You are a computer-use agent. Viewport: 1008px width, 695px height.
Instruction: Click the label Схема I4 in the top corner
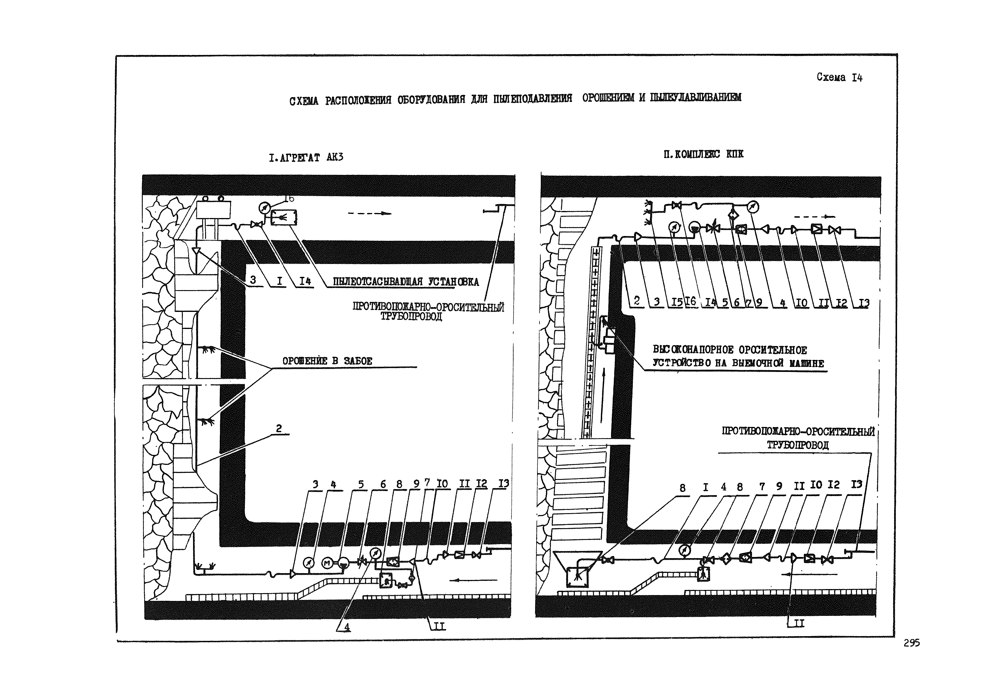[839, 77]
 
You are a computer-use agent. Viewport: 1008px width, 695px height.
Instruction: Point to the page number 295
[911, 643]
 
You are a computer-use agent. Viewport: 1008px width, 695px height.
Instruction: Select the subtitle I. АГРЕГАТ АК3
[306, 157]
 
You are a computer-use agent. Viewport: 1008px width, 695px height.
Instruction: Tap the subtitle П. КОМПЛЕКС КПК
[703, 154]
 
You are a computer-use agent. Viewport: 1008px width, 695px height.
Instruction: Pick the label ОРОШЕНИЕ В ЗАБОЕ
[327, 361]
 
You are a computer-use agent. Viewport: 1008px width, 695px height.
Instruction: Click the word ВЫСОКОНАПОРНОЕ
[693, 350]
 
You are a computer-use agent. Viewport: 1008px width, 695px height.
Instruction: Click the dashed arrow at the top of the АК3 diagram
[369, 213]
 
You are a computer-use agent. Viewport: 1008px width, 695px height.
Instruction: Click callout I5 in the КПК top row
[677, 302]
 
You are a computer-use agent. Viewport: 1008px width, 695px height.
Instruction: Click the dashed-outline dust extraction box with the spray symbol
[284, 217]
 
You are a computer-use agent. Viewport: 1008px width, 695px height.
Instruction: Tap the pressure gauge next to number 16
[264, 208]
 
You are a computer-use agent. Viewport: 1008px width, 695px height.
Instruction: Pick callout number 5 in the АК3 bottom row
[361, 485]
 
